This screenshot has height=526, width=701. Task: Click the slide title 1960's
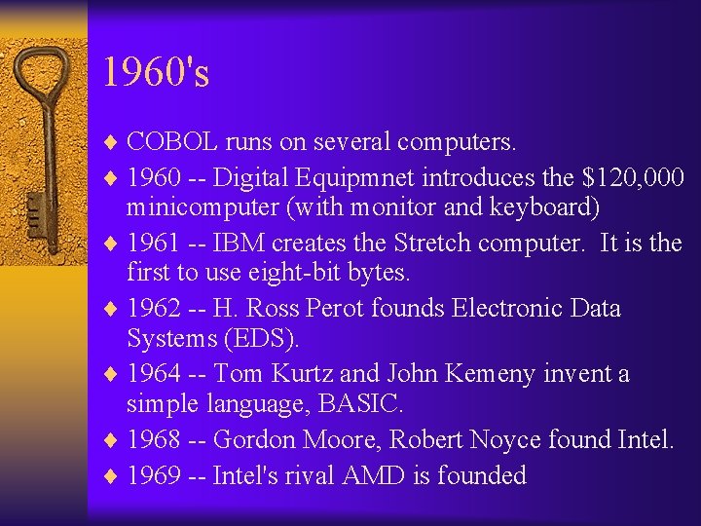[156, 73]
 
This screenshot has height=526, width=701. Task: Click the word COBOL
[172, 142]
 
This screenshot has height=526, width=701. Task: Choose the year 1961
[154, 242]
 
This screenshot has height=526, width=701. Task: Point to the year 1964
[154, 374]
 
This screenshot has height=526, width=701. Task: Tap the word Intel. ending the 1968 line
[646, 439]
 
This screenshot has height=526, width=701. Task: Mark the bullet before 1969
[109, 475]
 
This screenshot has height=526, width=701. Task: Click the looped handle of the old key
[40, 73]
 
